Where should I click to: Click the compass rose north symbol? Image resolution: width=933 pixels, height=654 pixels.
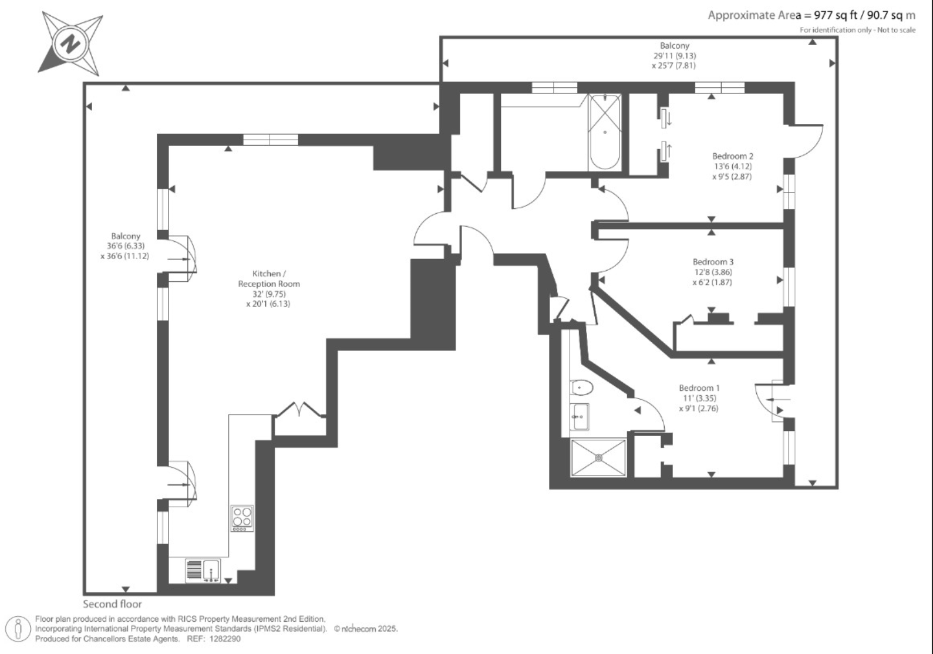pos(70,43)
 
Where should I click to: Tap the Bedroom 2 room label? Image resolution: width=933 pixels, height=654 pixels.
pos(733,156)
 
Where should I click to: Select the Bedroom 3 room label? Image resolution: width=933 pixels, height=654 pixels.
pos(713,262)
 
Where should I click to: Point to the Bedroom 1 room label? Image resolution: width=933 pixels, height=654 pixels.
pos(699,388)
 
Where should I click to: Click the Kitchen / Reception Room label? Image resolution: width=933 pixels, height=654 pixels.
pos(269,279)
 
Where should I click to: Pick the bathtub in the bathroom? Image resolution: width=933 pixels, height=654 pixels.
pos(605,132)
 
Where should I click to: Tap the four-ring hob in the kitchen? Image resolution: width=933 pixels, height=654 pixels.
pos(242,518)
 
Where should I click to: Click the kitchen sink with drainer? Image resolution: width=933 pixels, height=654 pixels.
pos(203,571)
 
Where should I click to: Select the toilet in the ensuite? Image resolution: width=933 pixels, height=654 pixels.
pos(581,387)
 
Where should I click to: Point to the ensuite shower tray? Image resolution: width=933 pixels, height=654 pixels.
pos(598,458)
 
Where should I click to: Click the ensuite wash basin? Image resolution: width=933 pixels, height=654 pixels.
pos(579,417)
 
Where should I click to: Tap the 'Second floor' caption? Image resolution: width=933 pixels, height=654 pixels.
pos(112,604)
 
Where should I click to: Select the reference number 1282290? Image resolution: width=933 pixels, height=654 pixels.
pos(225,639)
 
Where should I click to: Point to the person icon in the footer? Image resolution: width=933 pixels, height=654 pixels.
pos(18,629)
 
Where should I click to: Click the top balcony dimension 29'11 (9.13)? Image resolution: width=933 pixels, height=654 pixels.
pos(674,55)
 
